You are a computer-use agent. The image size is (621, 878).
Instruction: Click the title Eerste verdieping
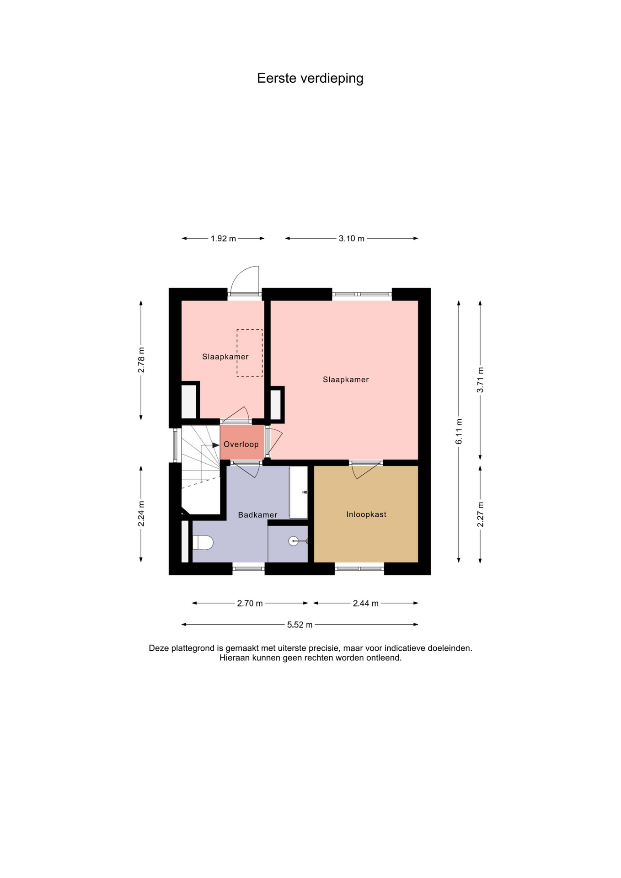[310, 79]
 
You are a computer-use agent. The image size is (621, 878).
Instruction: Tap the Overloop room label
[241, 444]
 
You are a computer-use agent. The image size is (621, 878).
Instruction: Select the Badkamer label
[257, 515]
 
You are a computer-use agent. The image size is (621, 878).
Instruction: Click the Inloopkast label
[366, 514]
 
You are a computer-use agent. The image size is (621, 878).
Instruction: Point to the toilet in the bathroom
[203, 543]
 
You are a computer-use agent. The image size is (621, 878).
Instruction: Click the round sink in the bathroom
[294, 541]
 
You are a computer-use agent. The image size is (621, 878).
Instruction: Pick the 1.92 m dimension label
[223, 239]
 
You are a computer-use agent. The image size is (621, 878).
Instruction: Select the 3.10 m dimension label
[352, 239]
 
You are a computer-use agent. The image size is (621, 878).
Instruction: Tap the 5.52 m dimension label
[300, 625]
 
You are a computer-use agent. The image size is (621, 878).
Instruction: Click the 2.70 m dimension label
[250, 604]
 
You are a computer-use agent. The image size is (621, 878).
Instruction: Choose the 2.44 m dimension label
[366, 604]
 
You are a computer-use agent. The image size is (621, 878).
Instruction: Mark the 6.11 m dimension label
[459, 431]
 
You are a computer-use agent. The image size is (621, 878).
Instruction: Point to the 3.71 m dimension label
[481, 380]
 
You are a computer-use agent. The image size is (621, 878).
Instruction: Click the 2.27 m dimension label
[481, 514]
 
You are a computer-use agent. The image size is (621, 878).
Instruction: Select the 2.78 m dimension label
[141, 360]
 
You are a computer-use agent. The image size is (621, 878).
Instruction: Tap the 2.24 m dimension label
[141, 514]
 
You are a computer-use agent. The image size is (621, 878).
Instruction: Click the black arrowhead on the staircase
[216, 445]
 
